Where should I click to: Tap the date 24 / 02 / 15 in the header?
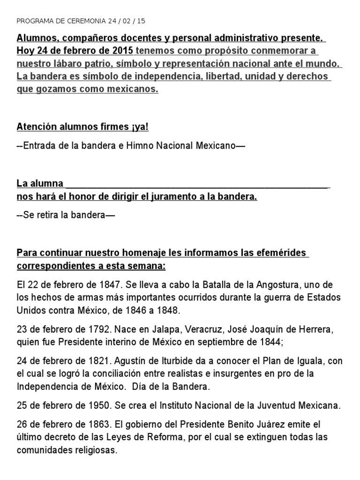coord(120,21)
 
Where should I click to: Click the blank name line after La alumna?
coord(197,184)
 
